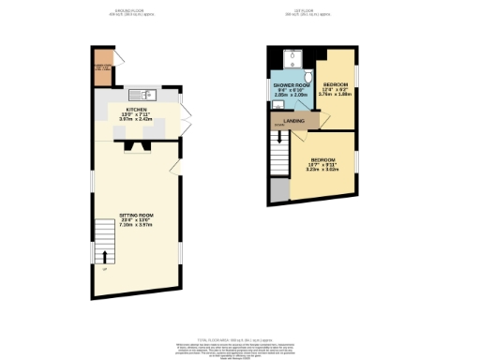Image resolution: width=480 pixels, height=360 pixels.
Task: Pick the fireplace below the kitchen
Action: coord(137,145)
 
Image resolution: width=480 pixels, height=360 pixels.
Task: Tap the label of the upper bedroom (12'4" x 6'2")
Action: coord(334,88)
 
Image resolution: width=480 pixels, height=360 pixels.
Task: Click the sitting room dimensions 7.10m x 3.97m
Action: coord(136,226)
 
